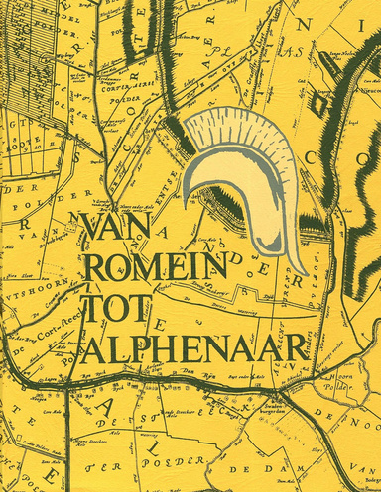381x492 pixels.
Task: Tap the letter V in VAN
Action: pyautogui.click(x=88, y=229)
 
